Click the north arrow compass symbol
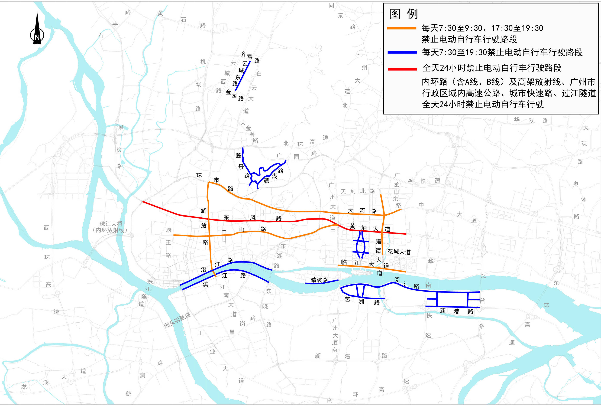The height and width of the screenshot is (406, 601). coord(37,31)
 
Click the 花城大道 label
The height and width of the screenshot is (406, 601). coord(399,252)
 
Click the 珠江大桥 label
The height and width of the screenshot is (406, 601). coord(111,224)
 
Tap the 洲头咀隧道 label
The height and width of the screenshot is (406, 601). coord(177,320)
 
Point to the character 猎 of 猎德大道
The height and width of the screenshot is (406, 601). coord(378,241)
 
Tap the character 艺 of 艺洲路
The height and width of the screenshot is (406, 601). coord(348,299)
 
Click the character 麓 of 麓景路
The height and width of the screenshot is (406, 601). coord(238,155)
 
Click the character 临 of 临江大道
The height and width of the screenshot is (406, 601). coord(344,262)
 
